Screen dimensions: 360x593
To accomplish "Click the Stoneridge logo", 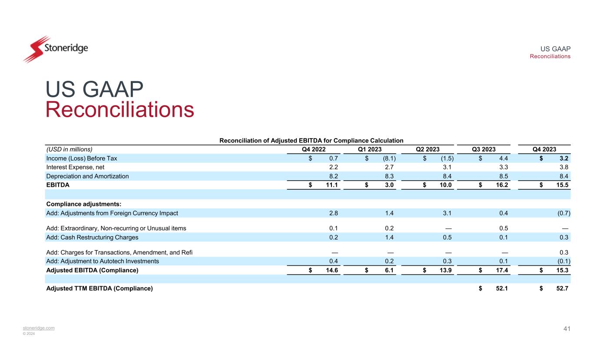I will click(x=56, y=48).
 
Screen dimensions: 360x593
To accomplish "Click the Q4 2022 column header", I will click(x=314, y=149).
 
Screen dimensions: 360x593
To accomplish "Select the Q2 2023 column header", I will click(x=428, y=149).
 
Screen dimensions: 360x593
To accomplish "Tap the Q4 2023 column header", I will click(x=544, y=149).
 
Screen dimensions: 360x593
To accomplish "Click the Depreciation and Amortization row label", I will click(x=87, y=176).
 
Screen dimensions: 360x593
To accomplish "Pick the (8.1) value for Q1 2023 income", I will click(x=390, y=159).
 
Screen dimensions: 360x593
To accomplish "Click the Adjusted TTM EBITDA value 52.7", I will click(x=561, y=288).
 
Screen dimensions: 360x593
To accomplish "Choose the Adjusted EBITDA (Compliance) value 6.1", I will click(x=390, y=270).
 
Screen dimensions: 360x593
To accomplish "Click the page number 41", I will click(x=566, y=329).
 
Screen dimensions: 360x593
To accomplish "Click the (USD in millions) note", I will click(x=70, y=149).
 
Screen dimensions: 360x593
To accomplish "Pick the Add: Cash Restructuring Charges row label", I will click(x=92, y=237).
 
